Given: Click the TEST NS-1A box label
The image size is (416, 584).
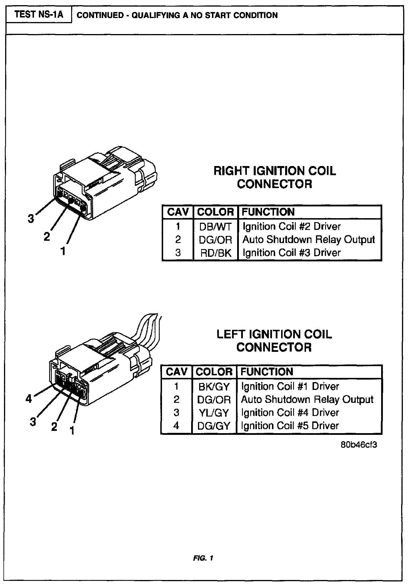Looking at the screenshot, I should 39,14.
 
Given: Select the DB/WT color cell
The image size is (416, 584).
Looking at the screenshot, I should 215,226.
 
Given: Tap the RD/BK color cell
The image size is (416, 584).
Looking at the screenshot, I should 215,253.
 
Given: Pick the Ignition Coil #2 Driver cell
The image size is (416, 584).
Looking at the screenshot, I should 292,226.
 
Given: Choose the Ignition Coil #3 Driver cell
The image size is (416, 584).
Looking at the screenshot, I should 292,253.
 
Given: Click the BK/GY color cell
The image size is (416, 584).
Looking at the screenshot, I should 214,386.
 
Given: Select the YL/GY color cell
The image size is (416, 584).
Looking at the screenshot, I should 214,413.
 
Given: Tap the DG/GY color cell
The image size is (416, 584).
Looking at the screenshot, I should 214,426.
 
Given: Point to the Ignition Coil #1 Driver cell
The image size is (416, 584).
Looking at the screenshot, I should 290,386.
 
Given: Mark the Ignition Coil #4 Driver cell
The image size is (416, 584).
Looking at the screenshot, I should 290,413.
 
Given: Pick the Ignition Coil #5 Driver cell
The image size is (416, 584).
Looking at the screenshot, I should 290,426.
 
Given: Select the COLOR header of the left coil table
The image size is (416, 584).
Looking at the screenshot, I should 214,372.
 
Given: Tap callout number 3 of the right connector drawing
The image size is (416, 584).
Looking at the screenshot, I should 31,219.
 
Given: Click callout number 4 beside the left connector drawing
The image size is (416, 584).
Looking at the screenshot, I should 29,398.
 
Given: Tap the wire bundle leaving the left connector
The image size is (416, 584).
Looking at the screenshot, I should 150,329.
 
